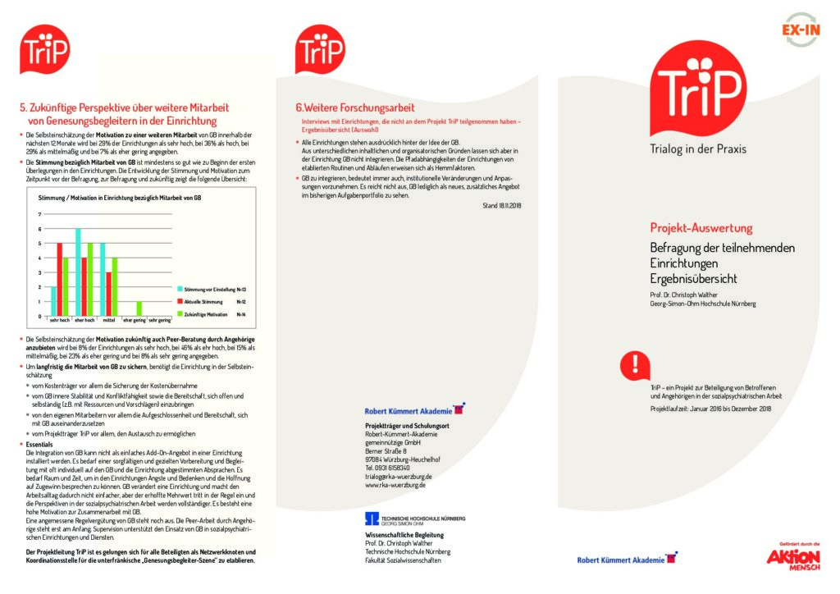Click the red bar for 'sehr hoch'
(x=59, y=279)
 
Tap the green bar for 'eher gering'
(x=139, y=308)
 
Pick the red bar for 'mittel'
(x=109, y=294)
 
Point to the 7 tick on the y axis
(x=40, y=214)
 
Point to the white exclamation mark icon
(x=636, y=363)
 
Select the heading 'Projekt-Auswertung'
(x=701, y=228)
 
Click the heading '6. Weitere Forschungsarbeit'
(x=355, y=107)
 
